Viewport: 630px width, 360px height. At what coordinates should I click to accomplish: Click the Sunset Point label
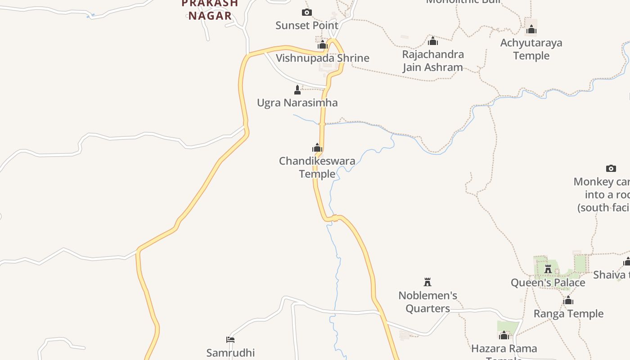[x=306, y=26]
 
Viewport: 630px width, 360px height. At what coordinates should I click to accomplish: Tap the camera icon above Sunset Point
[x=306, y=12]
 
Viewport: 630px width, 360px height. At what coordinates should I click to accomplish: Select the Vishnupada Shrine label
[x=322, y=58]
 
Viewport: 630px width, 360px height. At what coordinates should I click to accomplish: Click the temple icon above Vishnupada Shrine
[x=322, y=45]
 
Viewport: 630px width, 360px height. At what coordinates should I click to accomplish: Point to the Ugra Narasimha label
[x=297, y=103]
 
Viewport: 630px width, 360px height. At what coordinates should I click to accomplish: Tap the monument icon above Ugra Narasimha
[x=297, y=90]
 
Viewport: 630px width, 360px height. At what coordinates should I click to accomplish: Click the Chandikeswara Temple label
[x=317, y=167]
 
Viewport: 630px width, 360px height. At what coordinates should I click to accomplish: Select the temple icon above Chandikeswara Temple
[x=317, y=148]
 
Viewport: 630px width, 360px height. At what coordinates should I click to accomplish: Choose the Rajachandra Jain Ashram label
[x=432, y=61]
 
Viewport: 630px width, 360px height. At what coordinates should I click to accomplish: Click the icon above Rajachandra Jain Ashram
[x=432, y=41]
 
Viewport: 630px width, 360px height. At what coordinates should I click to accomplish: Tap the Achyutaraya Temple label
[x=531, y=49]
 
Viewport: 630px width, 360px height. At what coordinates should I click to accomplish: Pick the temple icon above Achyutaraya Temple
[x=531, y=30]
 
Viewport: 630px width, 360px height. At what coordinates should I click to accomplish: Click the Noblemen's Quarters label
[x=427, y=302]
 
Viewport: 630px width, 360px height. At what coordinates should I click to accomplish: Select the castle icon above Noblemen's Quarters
[x=427, y=282]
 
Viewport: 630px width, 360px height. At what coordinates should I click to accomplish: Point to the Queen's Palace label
[x=548, y=283]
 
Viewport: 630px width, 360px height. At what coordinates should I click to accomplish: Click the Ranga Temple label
[x=568, y=314]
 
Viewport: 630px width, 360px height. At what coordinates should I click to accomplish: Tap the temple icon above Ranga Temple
[x=568, y=300]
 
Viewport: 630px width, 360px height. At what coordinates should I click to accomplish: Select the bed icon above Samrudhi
[x=230, y=339]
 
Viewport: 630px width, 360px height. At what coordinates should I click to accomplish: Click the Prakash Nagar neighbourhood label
[x=210, y=10]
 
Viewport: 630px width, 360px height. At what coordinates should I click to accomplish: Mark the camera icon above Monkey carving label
[x=611, y=168]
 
